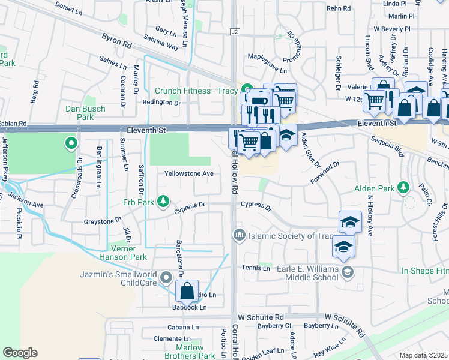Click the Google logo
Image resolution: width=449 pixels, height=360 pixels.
(x=20, y=353)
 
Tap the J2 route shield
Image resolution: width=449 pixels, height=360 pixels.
(x=234, y=31)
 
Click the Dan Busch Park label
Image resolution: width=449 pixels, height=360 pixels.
(x=85, y=113)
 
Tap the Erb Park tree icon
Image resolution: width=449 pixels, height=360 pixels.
(x=163, y=201)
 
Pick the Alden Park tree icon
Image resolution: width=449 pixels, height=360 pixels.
(x=403, y=188)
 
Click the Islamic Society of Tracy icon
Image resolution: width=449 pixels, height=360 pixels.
(x=239, y=234)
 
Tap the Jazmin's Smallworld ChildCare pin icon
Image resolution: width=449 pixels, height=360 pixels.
(x=166, y=275)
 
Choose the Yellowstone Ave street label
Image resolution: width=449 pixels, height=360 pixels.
(x=190, y=173)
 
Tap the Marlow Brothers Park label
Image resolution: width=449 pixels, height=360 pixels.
(x=195, y=352)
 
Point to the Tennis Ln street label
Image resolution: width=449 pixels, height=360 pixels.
(x=255, y=268)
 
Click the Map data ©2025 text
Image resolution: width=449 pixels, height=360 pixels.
(x=424, y=355)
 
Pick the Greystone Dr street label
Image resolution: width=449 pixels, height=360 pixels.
(x=90, y=221)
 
